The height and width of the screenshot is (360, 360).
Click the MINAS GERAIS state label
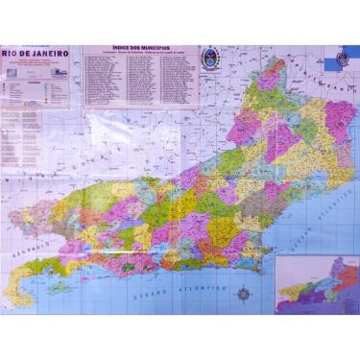pos(38,178)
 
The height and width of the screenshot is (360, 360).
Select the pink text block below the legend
pos(36,129)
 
